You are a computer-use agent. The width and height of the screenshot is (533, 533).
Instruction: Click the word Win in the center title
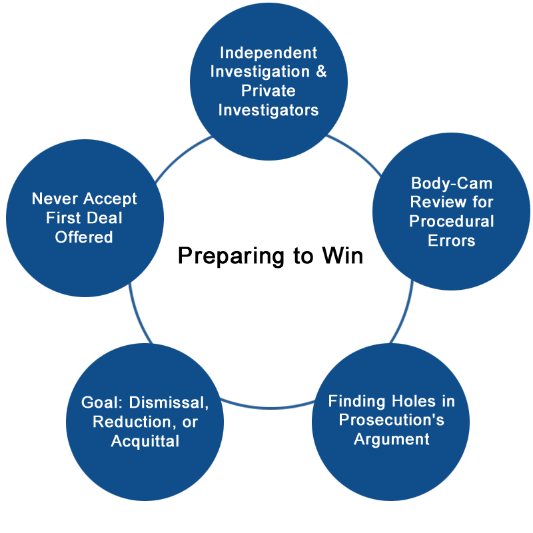pos(344,256)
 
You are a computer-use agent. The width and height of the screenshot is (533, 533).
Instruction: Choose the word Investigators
pos(268,109)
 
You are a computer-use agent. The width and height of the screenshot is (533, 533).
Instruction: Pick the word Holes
pos(410,401)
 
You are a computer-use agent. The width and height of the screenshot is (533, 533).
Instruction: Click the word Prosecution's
pos(391,420)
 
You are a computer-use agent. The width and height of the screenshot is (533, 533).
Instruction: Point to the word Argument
pos(391,439)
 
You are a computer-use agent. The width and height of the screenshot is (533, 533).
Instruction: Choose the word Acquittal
pos(145,441)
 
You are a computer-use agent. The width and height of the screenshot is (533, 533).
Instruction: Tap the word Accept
pos(111,199)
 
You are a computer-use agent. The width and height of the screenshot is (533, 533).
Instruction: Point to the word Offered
pos(85,237)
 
